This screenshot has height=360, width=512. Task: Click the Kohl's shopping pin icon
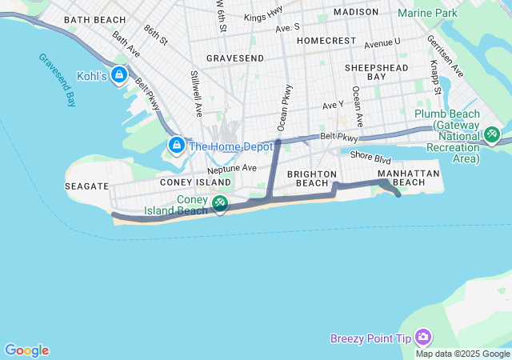click(119, 75)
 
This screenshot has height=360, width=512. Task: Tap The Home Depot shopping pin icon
click(177, 146)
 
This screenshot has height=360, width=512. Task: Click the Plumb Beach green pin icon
click(492, 134)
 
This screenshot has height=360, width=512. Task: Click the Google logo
click(26, 350)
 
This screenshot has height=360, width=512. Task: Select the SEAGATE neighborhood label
click(86, 186)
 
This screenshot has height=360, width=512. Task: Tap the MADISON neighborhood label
click(355, 12)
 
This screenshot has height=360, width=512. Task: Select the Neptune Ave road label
click(231, 169)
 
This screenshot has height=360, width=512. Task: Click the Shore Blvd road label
click(370, 158)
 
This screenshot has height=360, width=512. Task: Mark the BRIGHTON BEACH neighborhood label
click(307, 178)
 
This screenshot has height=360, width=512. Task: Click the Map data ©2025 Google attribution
click(462, 354)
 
